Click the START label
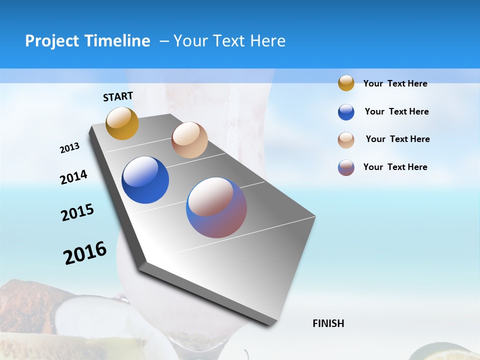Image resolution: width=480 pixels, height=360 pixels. coord(118,96)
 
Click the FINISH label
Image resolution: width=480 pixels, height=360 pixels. coord(328,323)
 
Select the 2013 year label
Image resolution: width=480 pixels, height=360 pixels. coord(69,148)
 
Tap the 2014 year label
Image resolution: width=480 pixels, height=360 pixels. coord(73,177)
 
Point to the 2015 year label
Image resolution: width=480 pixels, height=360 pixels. coord(77,212)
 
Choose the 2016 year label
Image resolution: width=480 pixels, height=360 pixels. coord(85,253)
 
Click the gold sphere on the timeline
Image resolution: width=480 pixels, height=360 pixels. coord(122,123)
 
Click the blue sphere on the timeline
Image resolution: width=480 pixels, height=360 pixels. coord(145,180)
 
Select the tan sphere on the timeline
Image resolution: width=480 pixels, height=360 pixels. coord(189,140)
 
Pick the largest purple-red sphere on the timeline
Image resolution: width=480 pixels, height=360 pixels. coord(216,207)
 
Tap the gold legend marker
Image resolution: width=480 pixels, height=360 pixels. coord(346,83)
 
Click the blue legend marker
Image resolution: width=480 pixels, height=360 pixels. coord(346,112)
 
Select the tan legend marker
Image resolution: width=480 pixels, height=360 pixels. coord(346,140)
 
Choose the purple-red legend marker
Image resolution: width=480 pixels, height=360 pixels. coord(346,167)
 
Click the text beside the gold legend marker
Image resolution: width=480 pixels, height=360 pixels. coord(395,84)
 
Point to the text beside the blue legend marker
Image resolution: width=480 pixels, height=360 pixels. coord(396,111)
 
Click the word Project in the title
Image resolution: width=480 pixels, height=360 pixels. coord(52,41)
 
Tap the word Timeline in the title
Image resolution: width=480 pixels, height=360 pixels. coord(117,41)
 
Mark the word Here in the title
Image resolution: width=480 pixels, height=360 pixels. coord(267,41)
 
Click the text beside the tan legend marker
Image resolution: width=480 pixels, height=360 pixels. coord(397,139)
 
